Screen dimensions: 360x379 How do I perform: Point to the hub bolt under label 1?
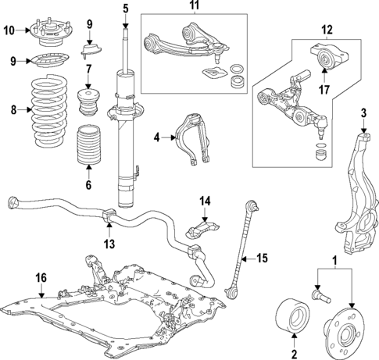point(320,297)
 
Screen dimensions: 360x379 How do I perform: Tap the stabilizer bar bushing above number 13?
point(109,216)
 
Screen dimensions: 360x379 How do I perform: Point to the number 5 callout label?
point(124,9)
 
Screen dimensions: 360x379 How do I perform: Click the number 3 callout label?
point(363,112)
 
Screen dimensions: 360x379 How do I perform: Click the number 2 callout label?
point(294,351)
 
